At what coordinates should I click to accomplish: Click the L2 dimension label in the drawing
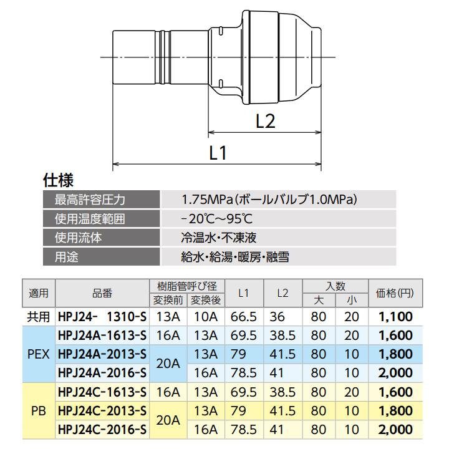point(266,121)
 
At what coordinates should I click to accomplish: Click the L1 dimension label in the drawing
point(218,153)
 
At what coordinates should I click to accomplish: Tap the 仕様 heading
point(58,181)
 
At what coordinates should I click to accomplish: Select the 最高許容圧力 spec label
point(90,200)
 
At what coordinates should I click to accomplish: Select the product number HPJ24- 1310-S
point(102,317)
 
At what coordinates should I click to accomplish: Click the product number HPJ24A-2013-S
point(102,354)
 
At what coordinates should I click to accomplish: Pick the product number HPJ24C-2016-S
point(102,429)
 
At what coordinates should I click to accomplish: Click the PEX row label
point(39,354)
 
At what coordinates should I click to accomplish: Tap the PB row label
point(39,411)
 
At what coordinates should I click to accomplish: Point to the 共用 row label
point(39,317)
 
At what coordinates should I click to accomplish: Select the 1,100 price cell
point(395,317)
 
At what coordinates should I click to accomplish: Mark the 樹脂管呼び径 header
point(186,286)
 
